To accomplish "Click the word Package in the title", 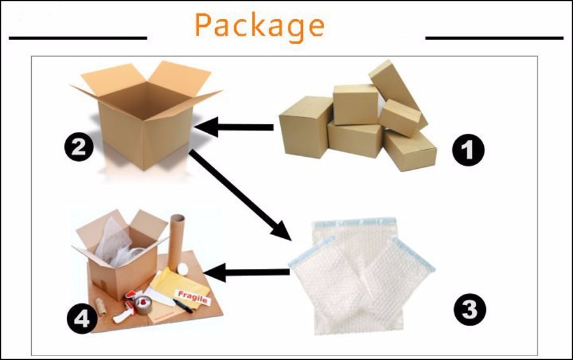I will click(x=260, y=25).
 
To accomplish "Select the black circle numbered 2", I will click(x=78, y=148).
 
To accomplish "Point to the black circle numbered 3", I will click(x=469, y=310).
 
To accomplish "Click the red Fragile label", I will click(x=193, y=296).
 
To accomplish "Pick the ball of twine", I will click(x=103, y=305).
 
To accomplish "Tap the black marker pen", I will click(x=182, y=306).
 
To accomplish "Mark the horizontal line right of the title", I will click(x=494, y=38).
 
